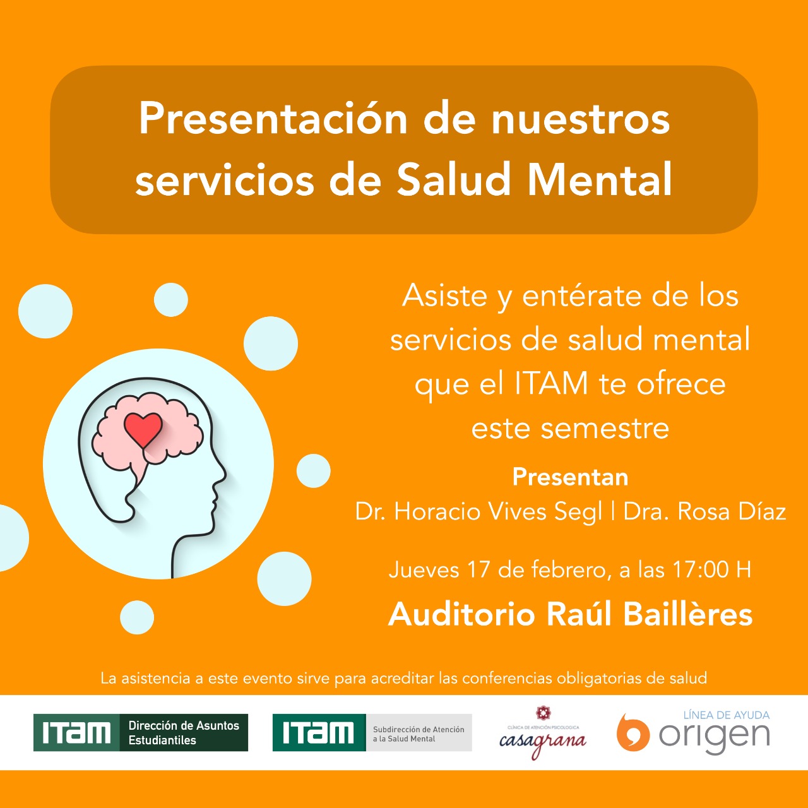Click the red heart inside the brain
pos(143,429)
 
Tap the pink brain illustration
pos(146,436)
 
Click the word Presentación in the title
pos(273,119)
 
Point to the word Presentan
pos(570,477)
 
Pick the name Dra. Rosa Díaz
pos(704,511)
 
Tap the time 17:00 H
pos(711,569)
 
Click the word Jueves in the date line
pos(424,570)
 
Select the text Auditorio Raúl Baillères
pos(570,615)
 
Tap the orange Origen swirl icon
pos(633,732)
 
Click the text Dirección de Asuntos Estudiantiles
pos(184,732)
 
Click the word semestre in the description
pos(605,429)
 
